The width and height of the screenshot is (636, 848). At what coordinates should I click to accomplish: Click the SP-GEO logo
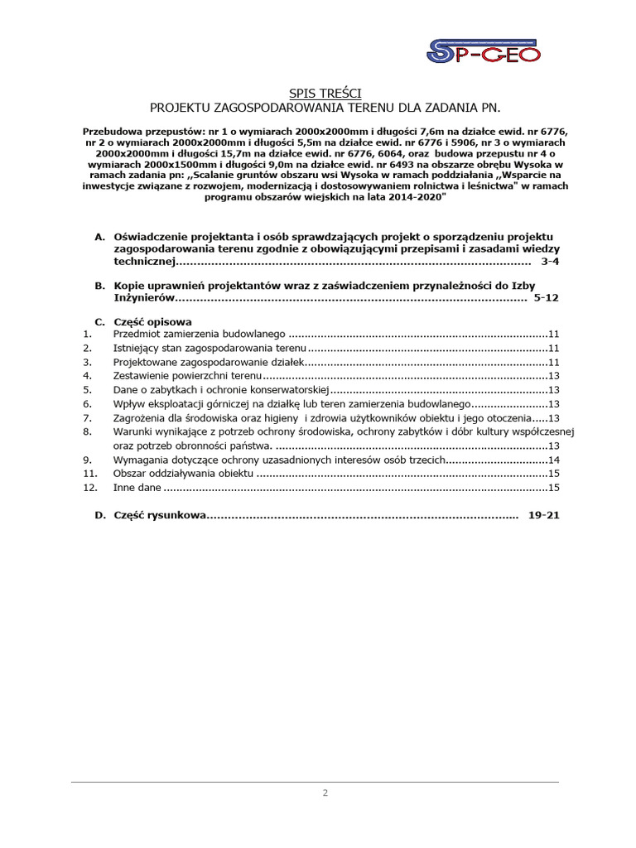click(484, 51)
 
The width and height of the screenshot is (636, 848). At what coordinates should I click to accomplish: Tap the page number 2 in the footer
click(325, 793)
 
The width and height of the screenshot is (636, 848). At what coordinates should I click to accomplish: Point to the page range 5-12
click(547, 296)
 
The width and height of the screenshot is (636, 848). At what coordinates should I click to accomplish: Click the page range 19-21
click(543, 515)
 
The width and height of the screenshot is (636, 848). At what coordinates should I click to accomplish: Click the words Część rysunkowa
click(158, 515)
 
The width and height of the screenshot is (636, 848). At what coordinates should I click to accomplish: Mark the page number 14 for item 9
click(554, 460)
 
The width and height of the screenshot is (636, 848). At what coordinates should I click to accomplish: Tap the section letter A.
click(99, 237)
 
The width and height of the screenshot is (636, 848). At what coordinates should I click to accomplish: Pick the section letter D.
click(99, 515)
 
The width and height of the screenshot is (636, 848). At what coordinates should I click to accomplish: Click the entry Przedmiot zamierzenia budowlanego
click(199, 334)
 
